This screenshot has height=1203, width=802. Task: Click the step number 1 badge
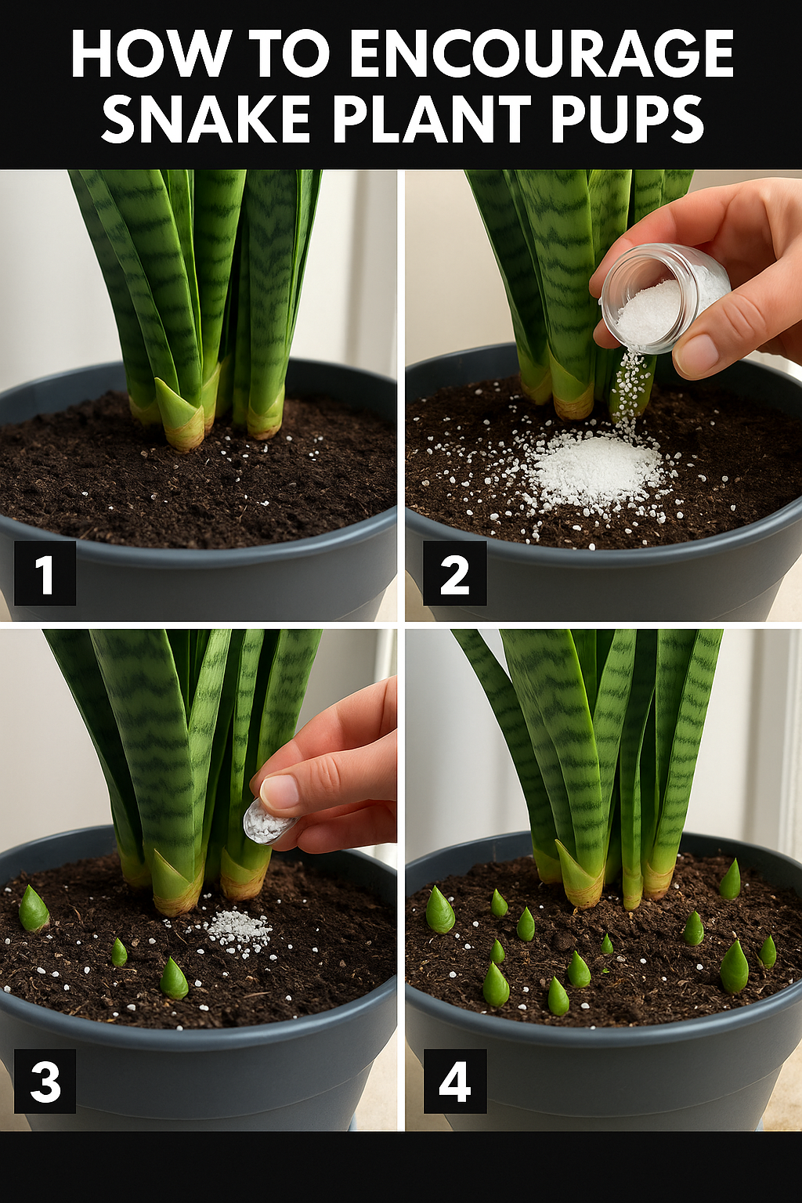pyautogui.click(x=45, y=573)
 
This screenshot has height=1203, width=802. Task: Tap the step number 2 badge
pyautogui.click(x=454, y=573)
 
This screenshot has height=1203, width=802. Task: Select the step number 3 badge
pyautogui.click(x=45, y=1081)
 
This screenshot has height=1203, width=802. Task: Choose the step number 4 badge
pyautogui.click(x=454, y=1081)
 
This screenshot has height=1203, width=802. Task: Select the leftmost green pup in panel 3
pyautogui.click(x=34, y=909)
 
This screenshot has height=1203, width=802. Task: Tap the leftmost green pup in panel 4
pyautogui.click(x=440, y=910)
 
